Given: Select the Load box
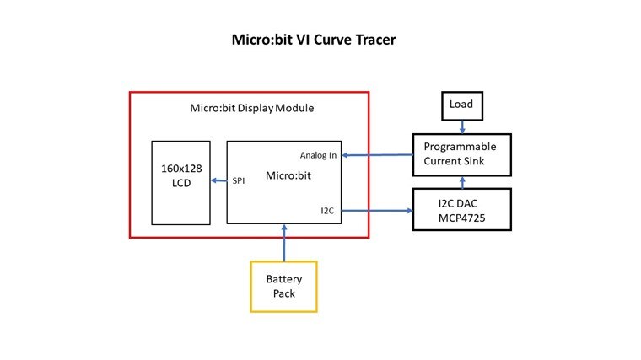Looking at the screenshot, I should pos(461,105).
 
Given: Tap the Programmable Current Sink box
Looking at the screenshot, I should pos(461,153).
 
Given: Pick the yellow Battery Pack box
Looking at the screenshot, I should pos(284,286).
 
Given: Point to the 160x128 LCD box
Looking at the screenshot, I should pos(180,182).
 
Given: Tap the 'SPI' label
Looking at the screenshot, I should pos(240,181).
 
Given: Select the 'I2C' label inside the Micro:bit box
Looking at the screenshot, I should pos(329,211).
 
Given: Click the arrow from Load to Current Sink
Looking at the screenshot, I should pos(461,126).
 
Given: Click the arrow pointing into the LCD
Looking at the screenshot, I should pos(218,181).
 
